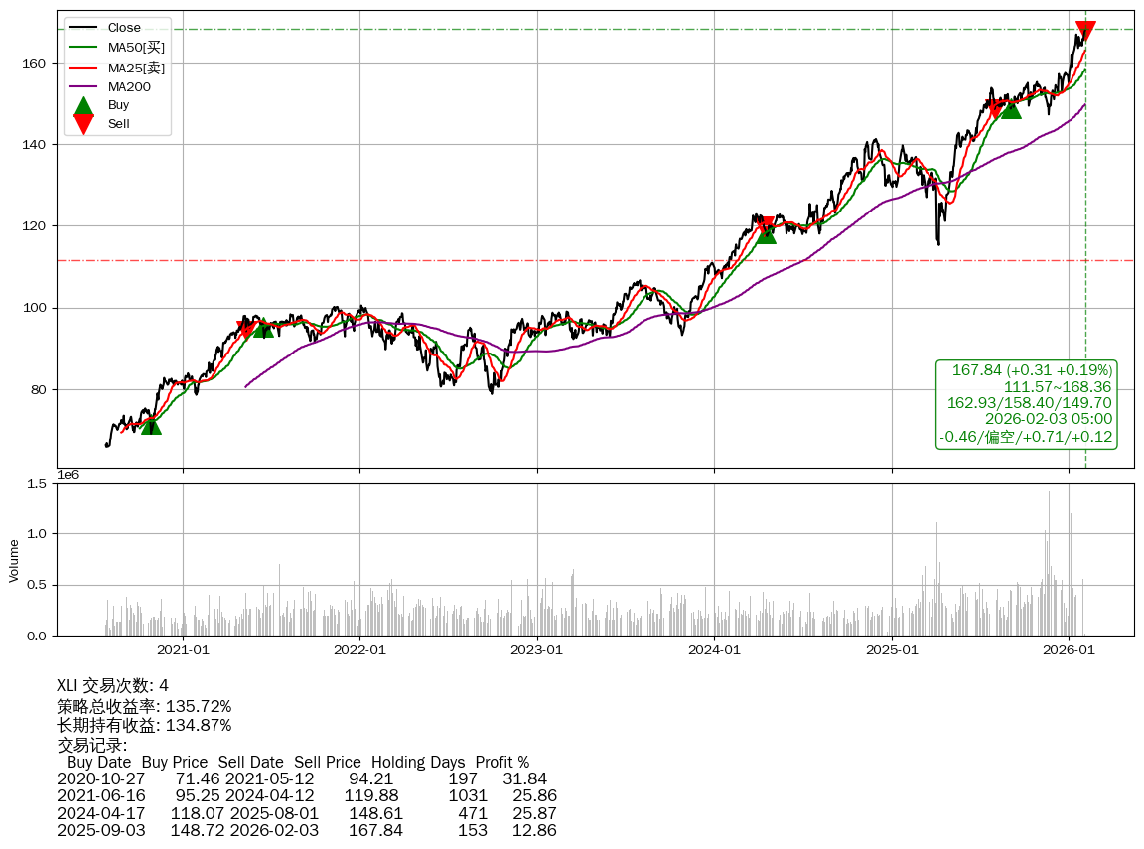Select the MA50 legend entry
tap(136, 47)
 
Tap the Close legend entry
tap(124, 28)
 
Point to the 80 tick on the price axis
tap(40, 390)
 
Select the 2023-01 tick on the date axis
tap(537, 650)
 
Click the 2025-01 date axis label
tap(892, 650)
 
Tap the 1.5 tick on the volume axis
tap(38, 484)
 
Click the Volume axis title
tap(14, 560)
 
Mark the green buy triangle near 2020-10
tap(151, 424)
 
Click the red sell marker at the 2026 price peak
tap(1085, 31)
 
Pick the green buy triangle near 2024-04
tap(766, 233)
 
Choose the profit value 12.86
tap(534, 830)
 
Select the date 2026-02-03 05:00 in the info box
tap(1048, 419)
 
